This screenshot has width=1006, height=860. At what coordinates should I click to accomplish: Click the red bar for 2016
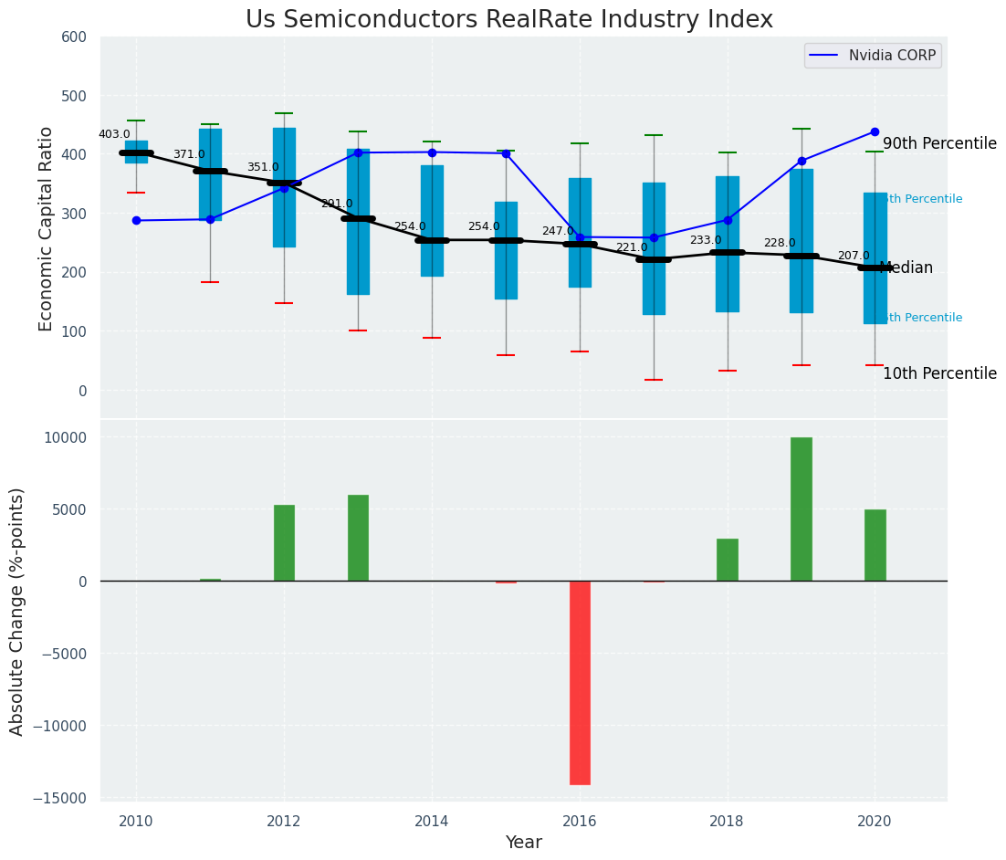580,683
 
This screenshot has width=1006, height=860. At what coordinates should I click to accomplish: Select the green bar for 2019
802,509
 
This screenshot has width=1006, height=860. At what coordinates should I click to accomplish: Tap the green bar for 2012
284,543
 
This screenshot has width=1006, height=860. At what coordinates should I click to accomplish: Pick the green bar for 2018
728,560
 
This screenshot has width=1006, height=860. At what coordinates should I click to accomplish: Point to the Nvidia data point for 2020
875,131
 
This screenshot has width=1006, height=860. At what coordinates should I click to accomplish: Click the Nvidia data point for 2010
136,220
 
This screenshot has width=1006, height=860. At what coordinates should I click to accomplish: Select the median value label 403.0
114,135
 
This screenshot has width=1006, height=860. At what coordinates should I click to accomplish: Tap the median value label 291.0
336,205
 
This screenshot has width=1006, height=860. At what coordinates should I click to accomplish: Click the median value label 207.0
854,257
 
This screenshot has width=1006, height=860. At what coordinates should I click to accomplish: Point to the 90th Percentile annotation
939,144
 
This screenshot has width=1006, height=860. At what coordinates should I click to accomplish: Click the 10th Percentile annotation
939,374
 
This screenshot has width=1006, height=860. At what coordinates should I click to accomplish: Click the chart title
508,20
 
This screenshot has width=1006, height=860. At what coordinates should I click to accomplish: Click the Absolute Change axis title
17,612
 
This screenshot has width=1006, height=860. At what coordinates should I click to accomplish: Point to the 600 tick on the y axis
74,37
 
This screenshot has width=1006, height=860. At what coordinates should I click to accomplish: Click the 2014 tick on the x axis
432,822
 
